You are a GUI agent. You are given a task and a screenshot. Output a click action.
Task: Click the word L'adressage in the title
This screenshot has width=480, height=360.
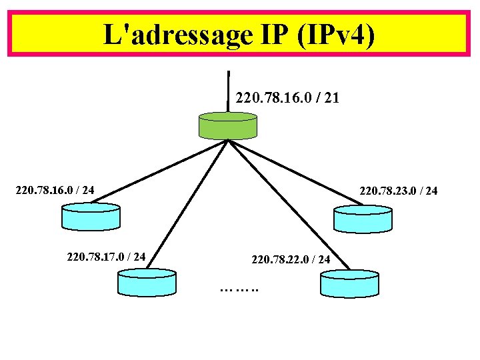[174, 34]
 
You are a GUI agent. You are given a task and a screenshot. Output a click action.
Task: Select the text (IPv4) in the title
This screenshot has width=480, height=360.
[337, 34]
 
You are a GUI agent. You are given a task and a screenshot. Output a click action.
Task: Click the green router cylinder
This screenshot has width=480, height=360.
[228, 125]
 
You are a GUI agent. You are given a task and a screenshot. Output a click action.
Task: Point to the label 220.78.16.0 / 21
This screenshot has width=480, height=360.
[287, 99]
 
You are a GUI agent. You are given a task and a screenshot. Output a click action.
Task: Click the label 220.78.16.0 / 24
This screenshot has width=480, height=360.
[55, 191]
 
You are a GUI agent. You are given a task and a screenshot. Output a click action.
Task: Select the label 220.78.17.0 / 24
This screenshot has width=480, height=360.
[107, 255]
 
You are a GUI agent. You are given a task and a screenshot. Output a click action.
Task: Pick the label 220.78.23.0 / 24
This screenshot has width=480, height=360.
[399, 191]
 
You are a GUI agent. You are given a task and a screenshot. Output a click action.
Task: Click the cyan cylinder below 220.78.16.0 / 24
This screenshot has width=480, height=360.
[91, 216]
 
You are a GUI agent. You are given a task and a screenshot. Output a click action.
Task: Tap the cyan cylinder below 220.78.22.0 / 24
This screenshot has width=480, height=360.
[349, 283]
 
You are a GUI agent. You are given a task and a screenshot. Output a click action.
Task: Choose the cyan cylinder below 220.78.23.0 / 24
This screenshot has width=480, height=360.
[363, 218]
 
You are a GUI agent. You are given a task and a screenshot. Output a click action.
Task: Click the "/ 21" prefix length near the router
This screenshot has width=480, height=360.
[329, 99]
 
